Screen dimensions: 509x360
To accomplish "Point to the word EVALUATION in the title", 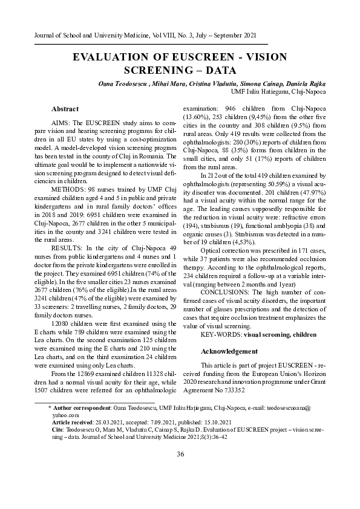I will (x=112, y=57).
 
